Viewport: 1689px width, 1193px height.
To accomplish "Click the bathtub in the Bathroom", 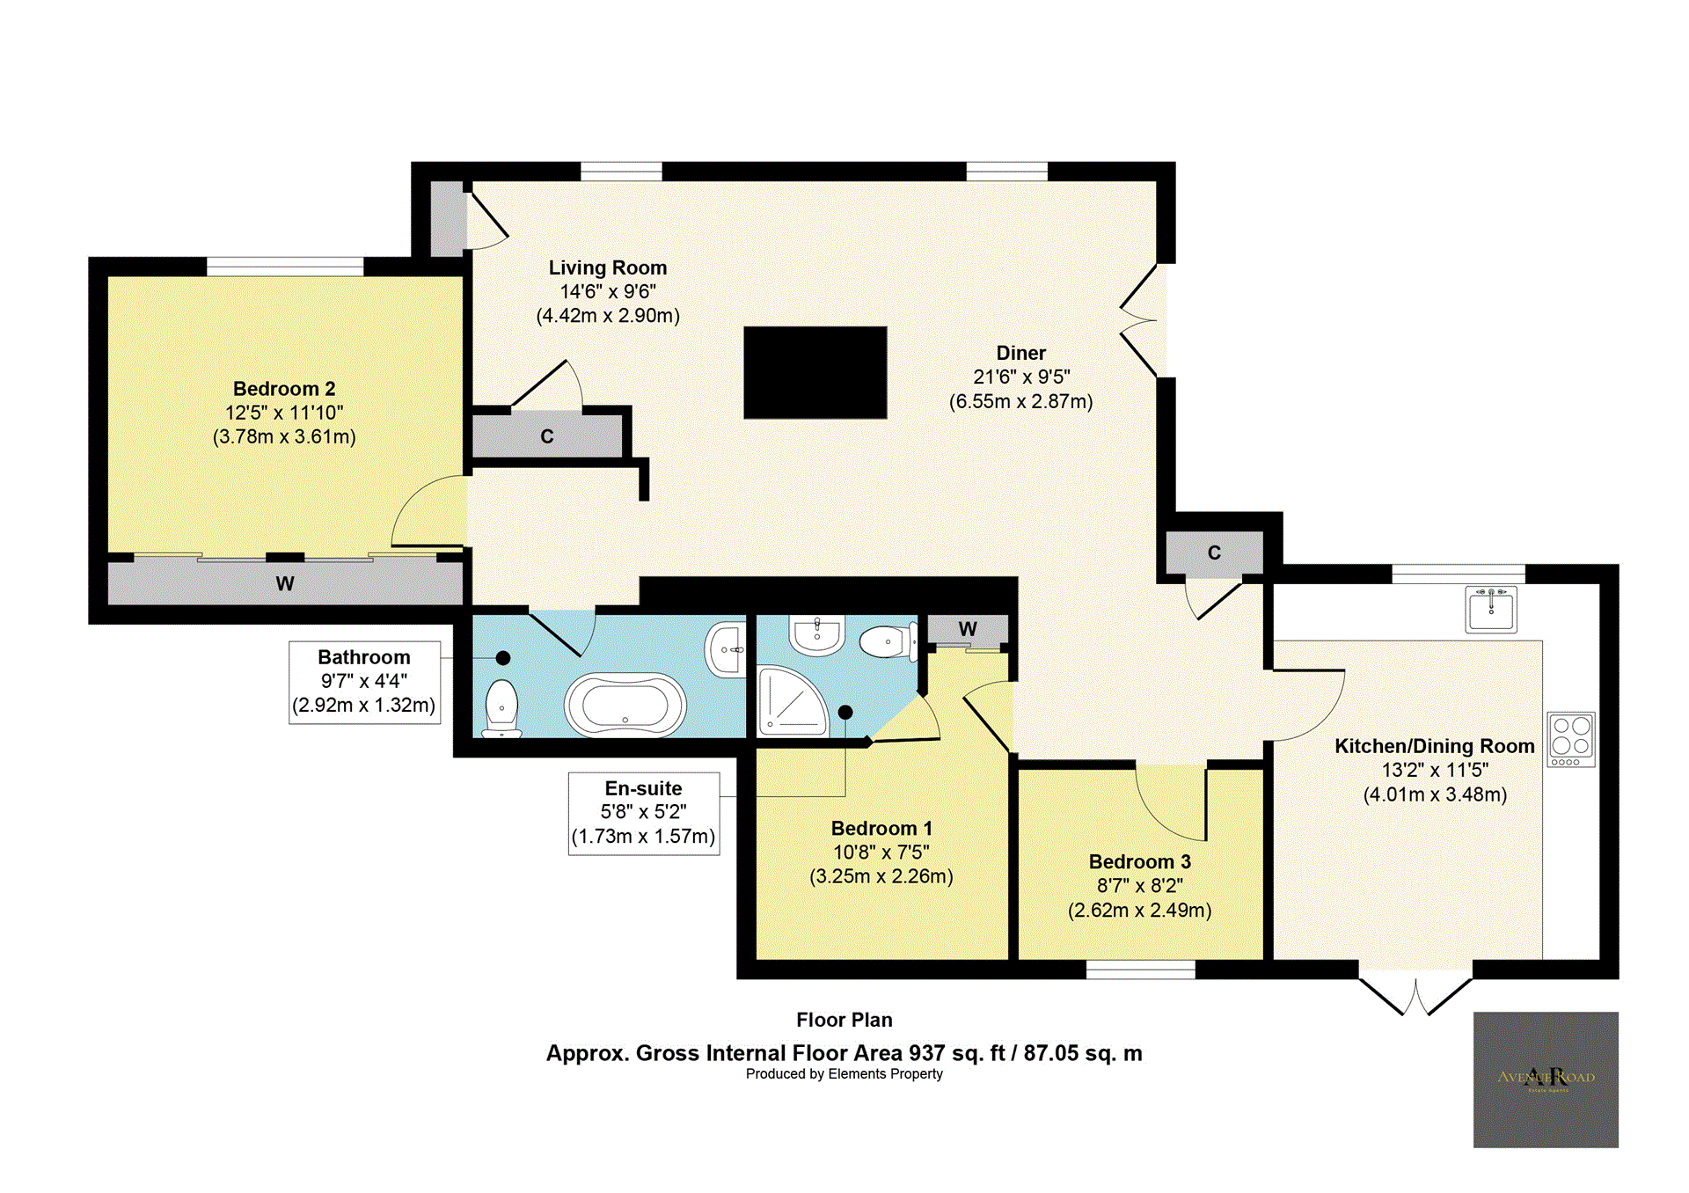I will [x=625, y=705].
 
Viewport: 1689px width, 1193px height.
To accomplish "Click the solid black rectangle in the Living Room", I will [x=815, y=372].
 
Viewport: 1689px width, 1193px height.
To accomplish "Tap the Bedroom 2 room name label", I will [x=284, y=389].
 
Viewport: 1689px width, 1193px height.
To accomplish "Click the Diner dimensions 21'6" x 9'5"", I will [x=1021, y=377].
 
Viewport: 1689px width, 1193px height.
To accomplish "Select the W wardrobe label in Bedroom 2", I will [x=284, y=583].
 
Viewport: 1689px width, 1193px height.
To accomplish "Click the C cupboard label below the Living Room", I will [x=546, y=436].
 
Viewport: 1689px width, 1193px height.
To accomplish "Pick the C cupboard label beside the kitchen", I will [x=1214, y=553].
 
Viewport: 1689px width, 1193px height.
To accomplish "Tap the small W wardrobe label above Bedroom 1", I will [x=968, y=629].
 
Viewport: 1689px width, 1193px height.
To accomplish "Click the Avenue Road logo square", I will [x=1546, y=1079].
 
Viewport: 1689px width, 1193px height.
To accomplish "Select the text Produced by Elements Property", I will [x=844, y=1073].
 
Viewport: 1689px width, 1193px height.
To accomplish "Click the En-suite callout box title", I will [x=643, y=788].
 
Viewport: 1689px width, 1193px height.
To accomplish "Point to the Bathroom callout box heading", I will [x=363, y=657].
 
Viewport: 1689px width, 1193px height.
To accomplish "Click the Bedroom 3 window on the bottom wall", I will [x=1140, y=970].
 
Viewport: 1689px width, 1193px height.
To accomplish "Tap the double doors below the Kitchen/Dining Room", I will [x=1415, y=994].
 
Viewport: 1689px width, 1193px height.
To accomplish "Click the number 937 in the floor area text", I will [x=926, y=1053].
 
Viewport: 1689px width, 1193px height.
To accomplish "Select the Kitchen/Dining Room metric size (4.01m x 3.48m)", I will [x=1435, y=794].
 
